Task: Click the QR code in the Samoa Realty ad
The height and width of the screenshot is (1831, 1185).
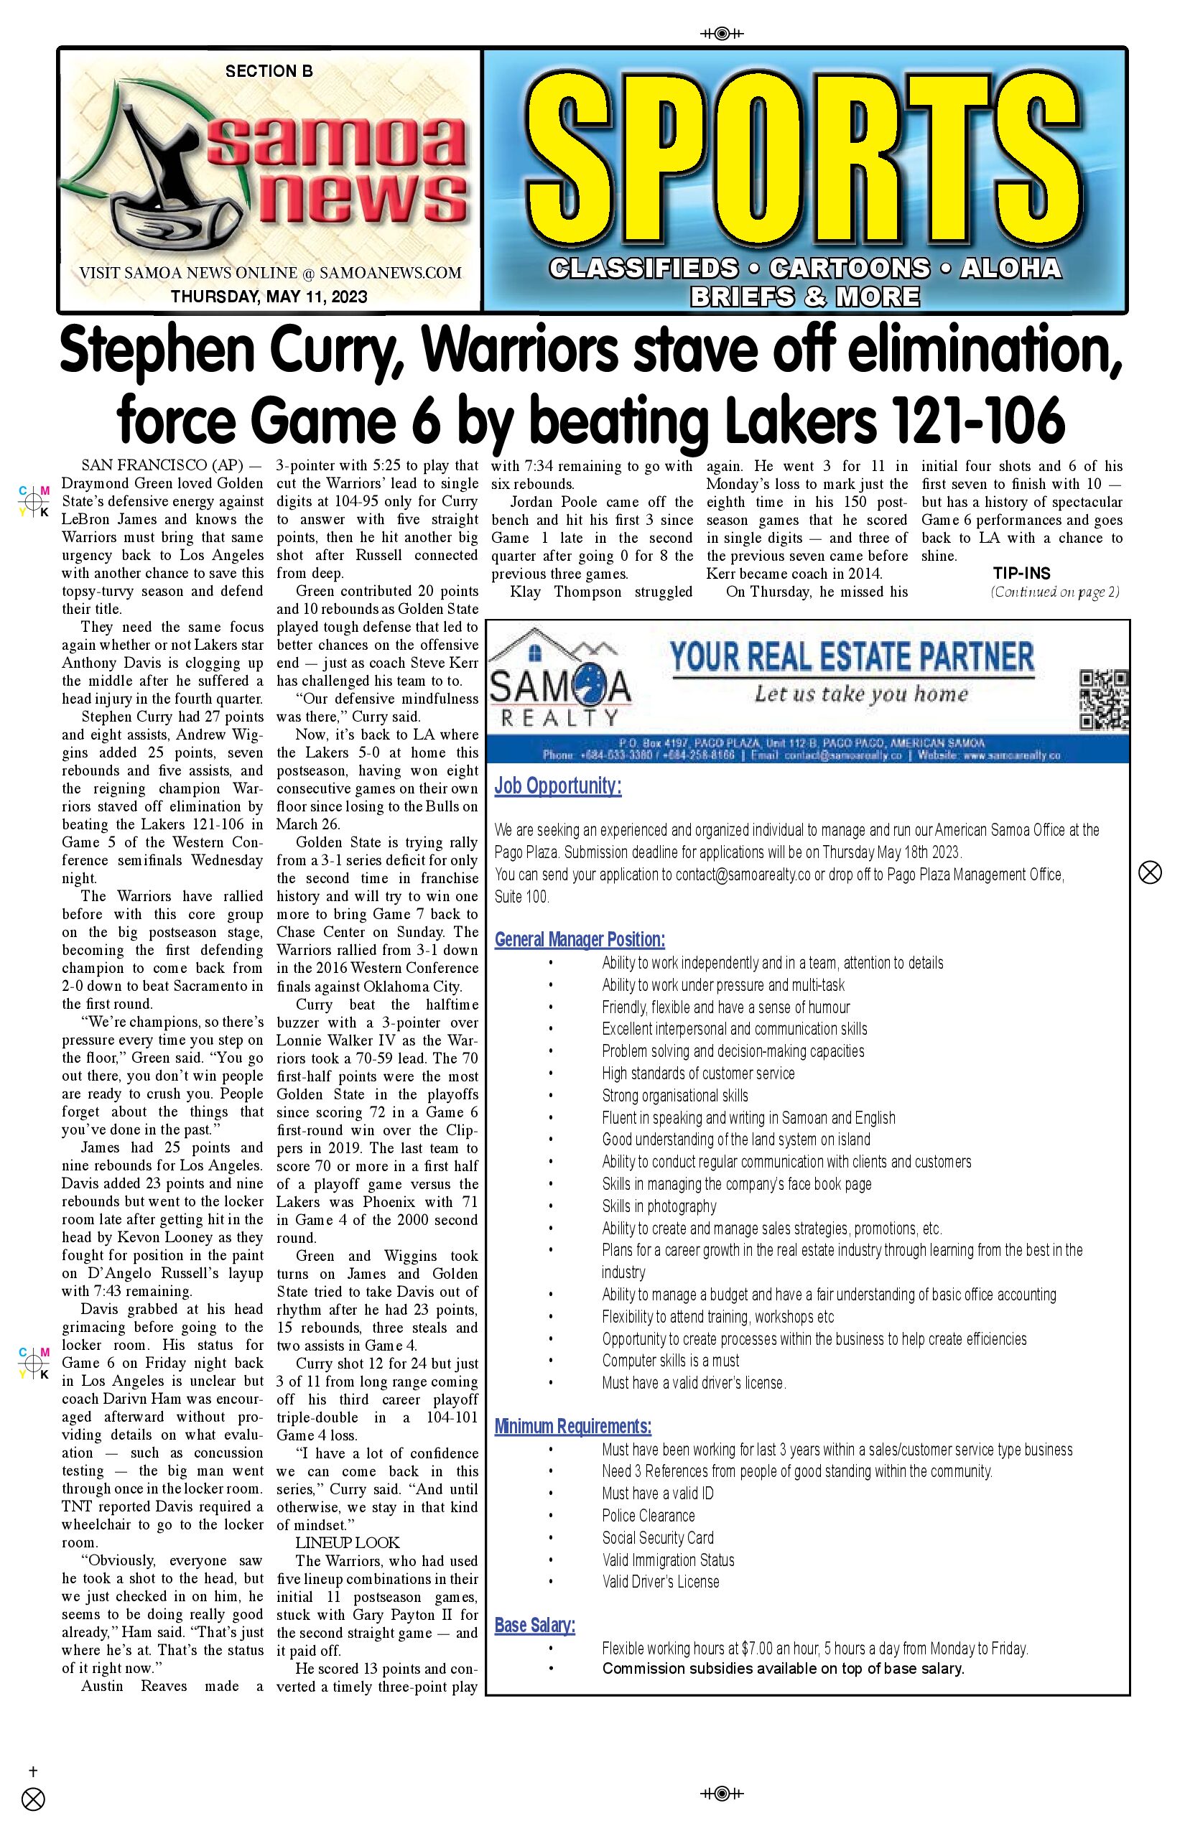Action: click(1103, 699)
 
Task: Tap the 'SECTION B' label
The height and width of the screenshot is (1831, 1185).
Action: click(269, 72)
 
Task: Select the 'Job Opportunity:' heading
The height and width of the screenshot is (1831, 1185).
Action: click(558, 786)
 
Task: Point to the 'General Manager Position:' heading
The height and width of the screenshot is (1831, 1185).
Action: click(580, 939)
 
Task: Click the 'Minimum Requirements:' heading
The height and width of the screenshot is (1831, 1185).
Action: click(572, 1426)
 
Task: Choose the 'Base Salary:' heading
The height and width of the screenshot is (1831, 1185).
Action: click(535, 1625)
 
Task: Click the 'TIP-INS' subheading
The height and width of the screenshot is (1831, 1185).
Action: click(1021, 573)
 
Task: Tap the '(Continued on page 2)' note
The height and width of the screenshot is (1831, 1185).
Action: click(1054, 592)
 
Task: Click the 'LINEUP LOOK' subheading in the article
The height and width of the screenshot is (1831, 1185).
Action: click(347, 1542)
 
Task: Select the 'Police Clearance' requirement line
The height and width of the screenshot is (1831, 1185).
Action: click(648, 1516)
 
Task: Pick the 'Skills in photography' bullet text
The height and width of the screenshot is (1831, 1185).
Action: click(659, 1206)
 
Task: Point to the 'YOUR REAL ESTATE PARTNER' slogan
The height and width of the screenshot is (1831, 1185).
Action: click(851, 657)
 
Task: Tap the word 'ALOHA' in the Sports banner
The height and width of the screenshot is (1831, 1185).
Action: click(1010, 268)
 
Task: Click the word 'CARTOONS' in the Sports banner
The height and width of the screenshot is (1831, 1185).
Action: click(849, 268)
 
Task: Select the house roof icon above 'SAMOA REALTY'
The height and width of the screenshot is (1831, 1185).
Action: click(537, 646)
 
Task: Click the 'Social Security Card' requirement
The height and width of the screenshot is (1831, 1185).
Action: click(658, 1538)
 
